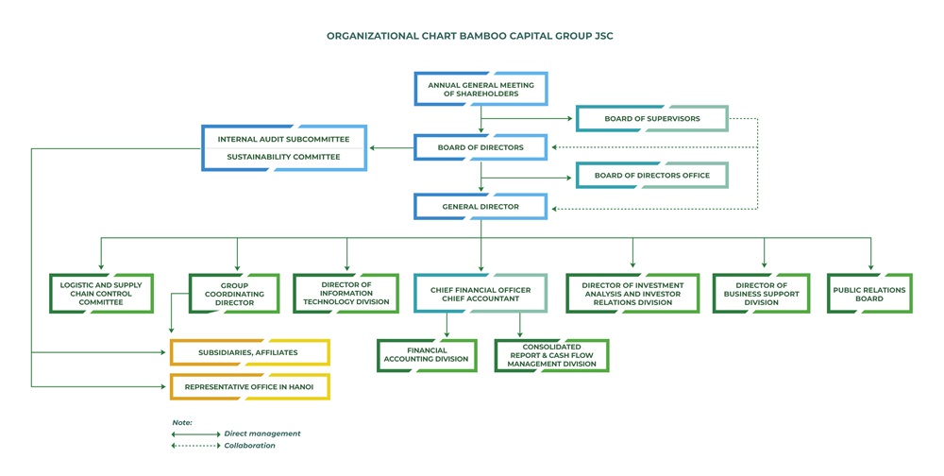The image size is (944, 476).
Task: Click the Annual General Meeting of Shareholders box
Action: (481, 89)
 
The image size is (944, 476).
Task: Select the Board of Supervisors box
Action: (652, 119)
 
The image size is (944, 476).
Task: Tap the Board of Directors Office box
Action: (652, 176)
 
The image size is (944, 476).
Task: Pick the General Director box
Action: (480, 207)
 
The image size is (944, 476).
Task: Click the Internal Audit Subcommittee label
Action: (283, 139)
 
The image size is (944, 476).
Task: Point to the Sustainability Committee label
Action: (283, 157)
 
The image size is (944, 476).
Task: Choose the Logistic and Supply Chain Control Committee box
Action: (101, 294)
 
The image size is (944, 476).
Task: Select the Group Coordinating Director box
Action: (234, 294)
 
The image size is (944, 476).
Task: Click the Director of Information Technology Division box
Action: (346, 294)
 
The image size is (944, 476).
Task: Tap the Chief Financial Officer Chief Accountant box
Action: (480, 294)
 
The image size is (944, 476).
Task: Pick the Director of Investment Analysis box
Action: (632, 294)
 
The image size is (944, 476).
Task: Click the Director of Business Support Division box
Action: (762, 294)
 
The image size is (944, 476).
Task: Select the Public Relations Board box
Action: (869, 294)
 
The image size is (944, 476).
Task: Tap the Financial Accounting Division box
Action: (427, 355)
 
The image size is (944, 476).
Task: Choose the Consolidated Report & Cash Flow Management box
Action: (551, 355)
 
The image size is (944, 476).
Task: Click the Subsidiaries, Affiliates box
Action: (249, 352)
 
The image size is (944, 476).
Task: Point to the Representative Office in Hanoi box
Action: (249, 387)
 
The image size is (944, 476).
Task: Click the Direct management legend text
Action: (262, 433)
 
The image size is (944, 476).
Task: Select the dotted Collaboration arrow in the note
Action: (195, 446)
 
